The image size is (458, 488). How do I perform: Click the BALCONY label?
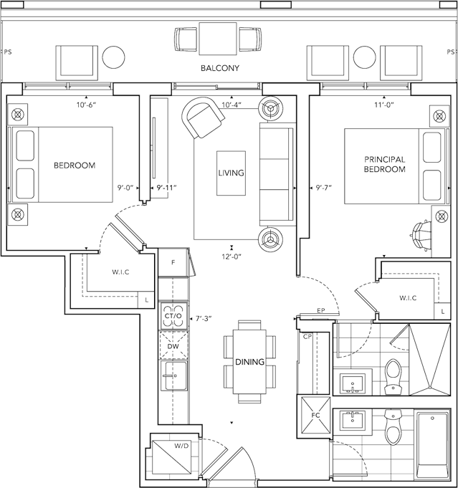point(220,68)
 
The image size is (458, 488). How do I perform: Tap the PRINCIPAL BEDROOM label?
point(385,164)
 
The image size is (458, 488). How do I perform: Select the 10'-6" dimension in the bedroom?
point(86,105)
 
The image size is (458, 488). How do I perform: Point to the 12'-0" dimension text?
point(232,257)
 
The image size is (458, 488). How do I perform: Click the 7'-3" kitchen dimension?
point(204,319)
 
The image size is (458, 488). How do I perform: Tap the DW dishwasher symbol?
point(173,346)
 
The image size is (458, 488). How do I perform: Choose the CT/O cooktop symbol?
point(173,316)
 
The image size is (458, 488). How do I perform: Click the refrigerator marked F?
point(173,262)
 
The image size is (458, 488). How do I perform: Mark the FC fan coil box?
point(315,416)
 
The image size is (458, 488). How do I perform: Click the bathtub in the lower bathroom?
point(432,446)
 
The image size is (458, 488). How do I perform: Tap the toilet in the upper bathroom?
point(393,377)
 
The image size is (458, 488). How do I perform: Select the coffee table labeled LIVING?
point(231,173)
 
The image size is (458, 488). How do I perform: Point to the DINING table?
point(249,362)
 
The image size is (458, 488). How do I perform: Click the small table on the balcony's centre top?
point(218,39)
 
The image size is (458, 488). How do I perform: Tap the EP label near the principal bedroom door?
point(321,310)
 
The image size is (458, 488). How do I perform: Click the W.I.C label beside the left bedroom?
point(120,272)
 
